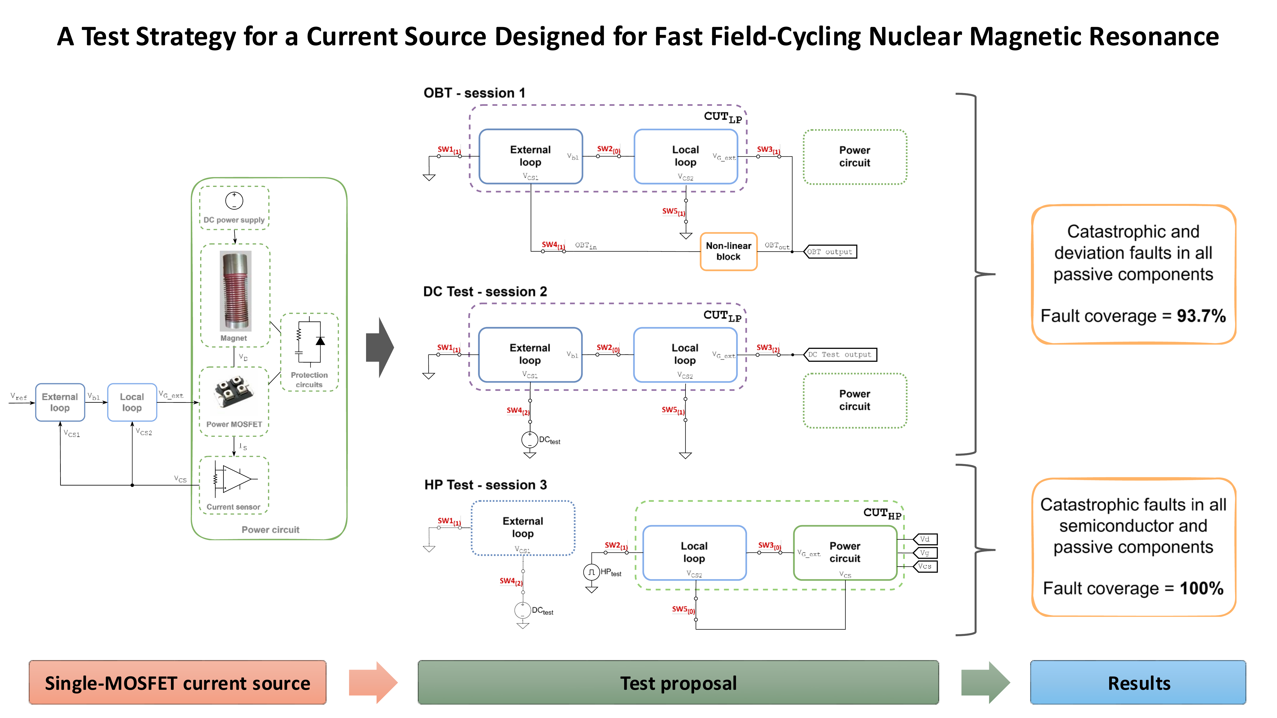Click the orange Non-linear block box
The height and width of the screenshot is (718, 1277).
728,251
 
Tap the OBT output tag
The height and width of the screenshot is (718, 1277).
830,252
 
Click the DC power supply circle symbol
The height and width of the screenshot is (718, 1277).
234,201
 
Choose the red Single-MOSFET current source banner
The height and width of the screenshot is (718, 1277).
177,683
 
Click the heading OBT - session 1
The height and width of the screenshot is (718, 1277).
474,93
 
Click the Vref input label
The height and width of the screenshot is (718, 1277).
18,396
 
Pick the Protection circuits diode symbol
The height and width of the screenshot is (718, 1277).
320,341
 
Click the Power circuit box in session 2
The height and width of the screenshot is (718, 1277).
855,400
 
